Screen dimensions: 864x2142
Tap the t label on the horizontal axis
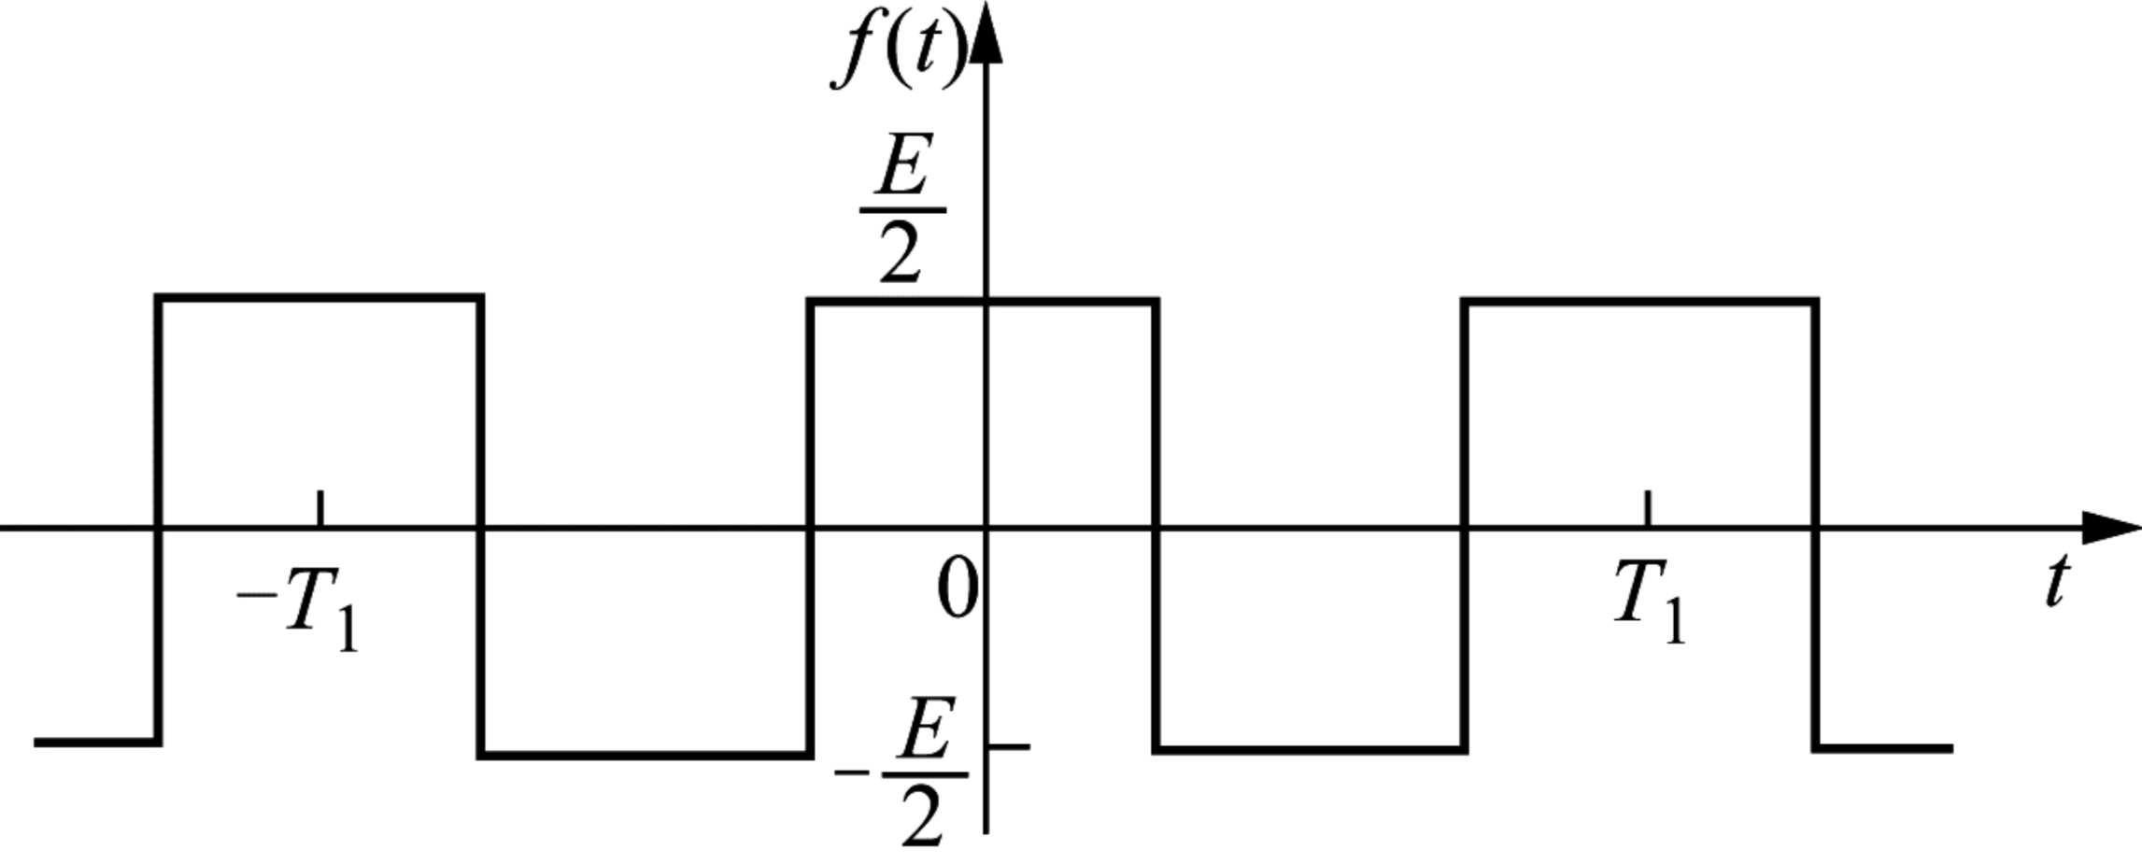(x=2056, y=581)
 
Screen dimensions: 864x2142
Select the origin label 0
(x=958, y=589)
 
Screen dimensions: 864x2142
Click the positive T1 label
(x=1650, y=603)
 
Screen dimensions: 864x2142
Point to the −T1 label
(x=298, y=608)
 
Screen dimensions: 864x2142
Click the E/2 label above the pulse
(x=901, y=212)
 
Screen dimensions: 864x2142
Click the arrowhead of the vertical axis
(x=986, y=33)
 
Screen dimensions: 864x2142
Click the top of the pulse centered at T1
(x=1640, y=302)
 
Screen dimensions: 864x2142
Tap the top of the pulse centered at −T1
(x=319, y=298)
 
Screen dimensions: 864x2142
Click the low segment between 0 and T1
(x=1311, y=749)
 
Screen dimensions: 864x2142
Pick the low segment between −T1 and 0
(x=645, y=755)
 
